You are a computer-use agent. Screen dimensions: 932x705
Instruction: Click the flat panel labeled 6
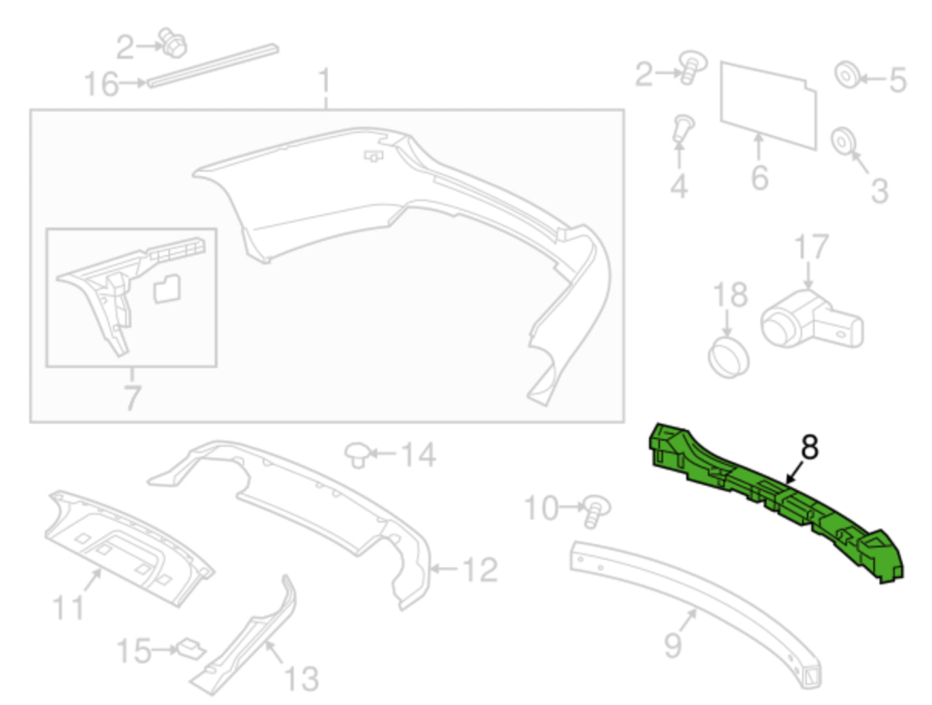(768, 105)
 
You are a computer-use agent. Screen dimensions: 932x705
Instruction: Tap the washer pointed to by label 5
(847, 75)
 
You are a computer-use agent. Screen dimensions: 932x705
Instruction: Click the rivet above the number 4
(683, 128)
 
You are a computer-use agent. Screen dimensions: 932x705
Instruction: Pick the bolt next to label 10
(596, 511)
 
